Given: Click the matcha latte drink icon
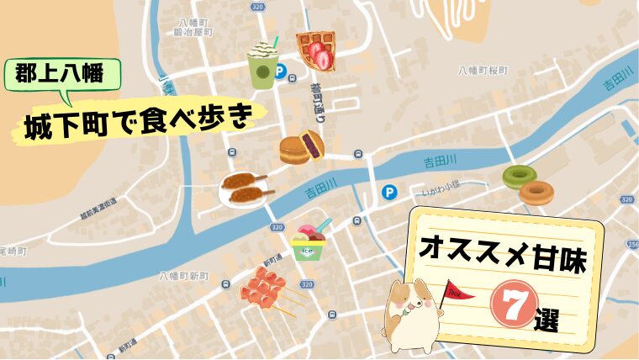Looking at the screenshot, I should pos(262,65).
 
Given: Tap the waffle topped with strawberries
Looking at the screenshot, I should pos(316,51).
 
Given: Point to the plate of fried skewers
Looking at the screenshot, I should pos(243,189).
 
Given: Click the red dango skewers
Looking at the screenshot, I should pos(267,289).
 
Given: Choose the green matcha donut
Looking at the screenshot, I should pos(519,177).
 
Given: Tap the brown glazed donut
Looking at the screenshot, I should pos(536,193).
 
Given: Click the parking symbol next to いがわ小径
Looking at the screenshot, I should pos(388,192).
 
